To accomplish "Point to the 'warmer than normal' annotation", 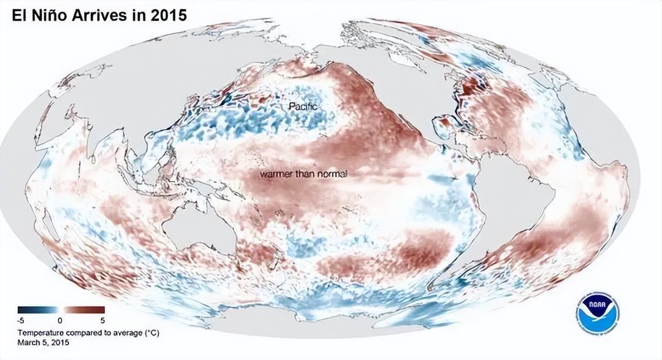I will click(303, 174).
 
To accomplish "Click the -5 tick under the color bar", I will click(21, 320).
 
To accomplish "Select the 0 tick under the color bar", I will click(60, 320).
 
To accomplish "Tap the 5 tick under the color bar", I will click(102, 320).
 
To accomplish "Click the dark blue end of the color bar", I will click(21, 310).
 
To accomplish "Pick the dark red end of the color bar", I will click(101, 310).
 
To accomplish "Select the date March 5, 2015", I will click(43, 342).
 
